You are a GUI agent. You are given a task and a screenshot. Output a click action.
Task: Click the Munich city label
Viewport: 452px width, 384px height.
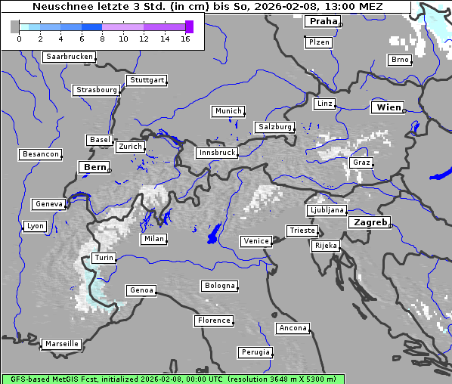pos(228,111)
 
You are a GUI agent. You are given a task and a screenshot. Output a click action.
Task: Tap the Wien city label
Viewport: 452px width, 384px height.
pos(389,107)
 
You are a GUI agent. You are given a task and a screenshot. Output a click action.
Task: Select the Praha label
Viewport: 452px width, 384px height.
pos(323,21)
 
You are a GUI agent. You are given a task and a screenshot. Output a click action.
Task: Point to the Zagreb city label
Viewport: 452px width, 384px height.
pos(370,222)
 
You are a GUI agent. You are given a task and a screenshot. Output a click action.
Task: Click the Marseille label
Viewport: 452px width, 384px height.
pos(61,343)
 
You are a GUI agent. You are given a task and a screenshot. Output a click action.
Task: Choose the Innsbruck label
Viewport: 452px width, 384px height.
pos(217,153)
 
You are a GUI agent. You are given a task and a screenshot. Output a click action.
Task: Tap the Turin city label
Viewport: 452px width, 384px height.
pos(104,258)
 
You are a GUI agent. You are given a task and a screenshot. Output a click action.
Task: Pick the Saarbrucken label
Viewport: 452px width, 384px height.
pos(70,57)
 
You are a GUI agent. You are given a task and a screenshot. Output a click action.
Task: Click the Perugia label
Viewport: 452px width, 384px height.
pos(255,352)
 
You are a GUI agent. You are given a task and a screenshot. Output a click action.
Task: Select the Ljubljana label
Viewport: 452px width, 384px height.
pos(327,210)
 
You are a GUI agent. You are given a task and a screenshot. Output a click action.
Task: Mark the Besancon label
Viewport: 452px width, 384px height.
pos(41,154)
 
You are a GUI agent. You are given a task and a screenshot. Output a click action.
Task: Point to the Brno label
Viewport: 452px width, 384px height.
pos(400,60)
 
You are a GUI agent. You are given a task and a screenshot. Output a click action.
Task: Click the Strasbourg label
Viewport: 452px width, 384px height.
pos(97,90)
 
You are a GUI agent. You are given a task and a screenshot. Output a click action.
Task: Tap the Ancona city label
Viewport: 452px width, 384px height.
pos(293,328)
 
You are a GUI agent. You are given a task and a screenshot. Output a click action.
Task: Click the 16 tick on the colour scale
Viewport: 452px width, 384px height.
pos(185,39)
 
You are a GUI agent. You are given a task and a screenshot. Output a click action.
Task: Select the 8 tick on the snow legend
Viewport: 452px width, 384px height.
pos(102,39)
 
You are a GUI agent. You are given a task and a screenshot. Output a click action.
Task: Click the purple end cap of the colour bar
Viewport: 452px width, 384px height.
pos(189,26)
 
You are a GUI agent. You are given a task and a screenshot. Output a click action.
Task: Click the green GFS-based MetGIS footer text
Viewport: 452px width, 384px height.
pos(172,379)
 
